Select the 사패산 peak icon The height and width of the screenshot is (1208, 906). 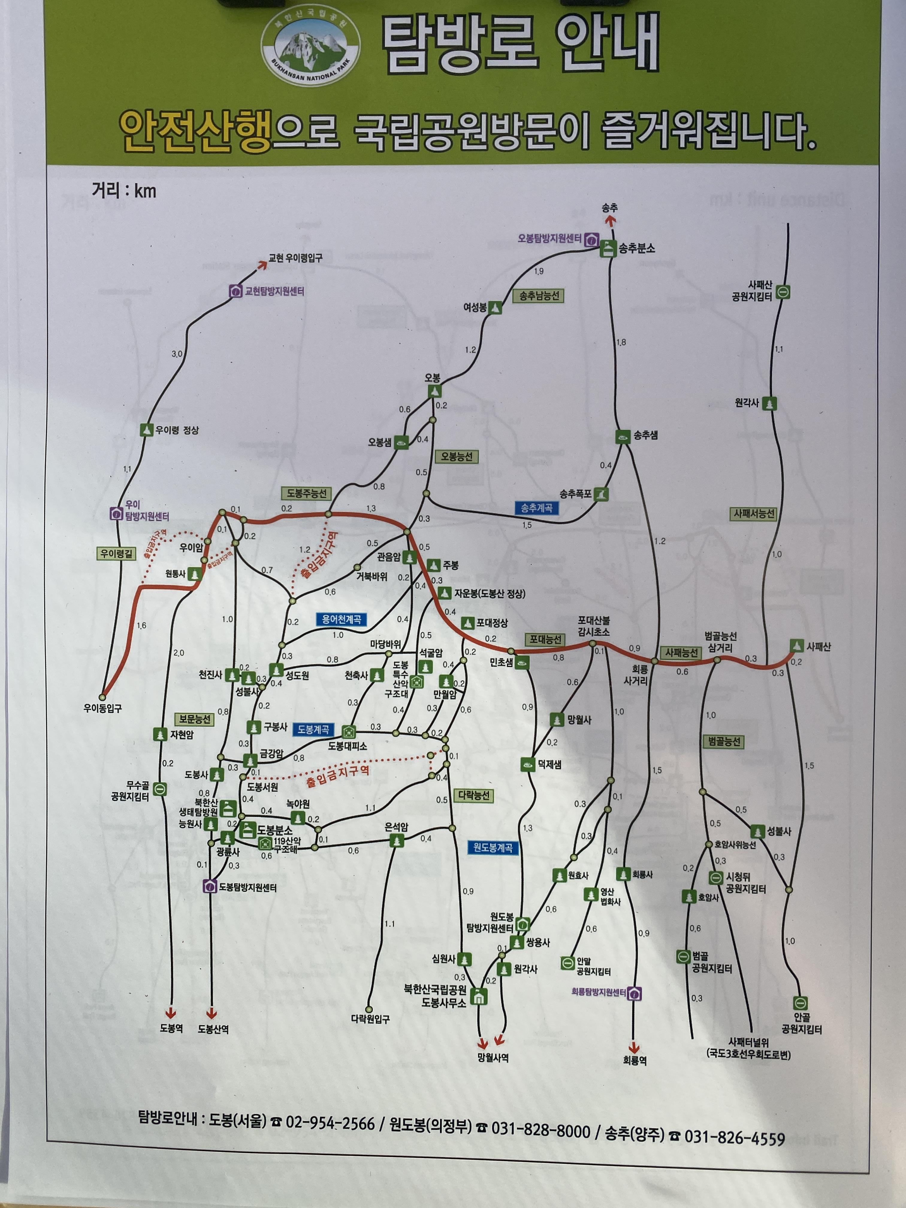point(797,646)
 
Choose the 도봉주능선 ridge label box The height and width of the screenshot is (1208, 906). point(306,493)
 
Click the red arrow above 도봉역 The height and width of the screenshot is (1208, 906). point(171,1012)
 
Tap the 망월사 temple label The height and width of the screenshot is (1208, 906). point(579,720)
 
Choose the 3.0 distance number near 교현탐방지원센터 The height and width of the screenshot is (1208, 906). point(177,354)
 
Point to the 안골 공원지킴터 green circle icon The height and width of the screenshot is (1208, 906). point(800,1003)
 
